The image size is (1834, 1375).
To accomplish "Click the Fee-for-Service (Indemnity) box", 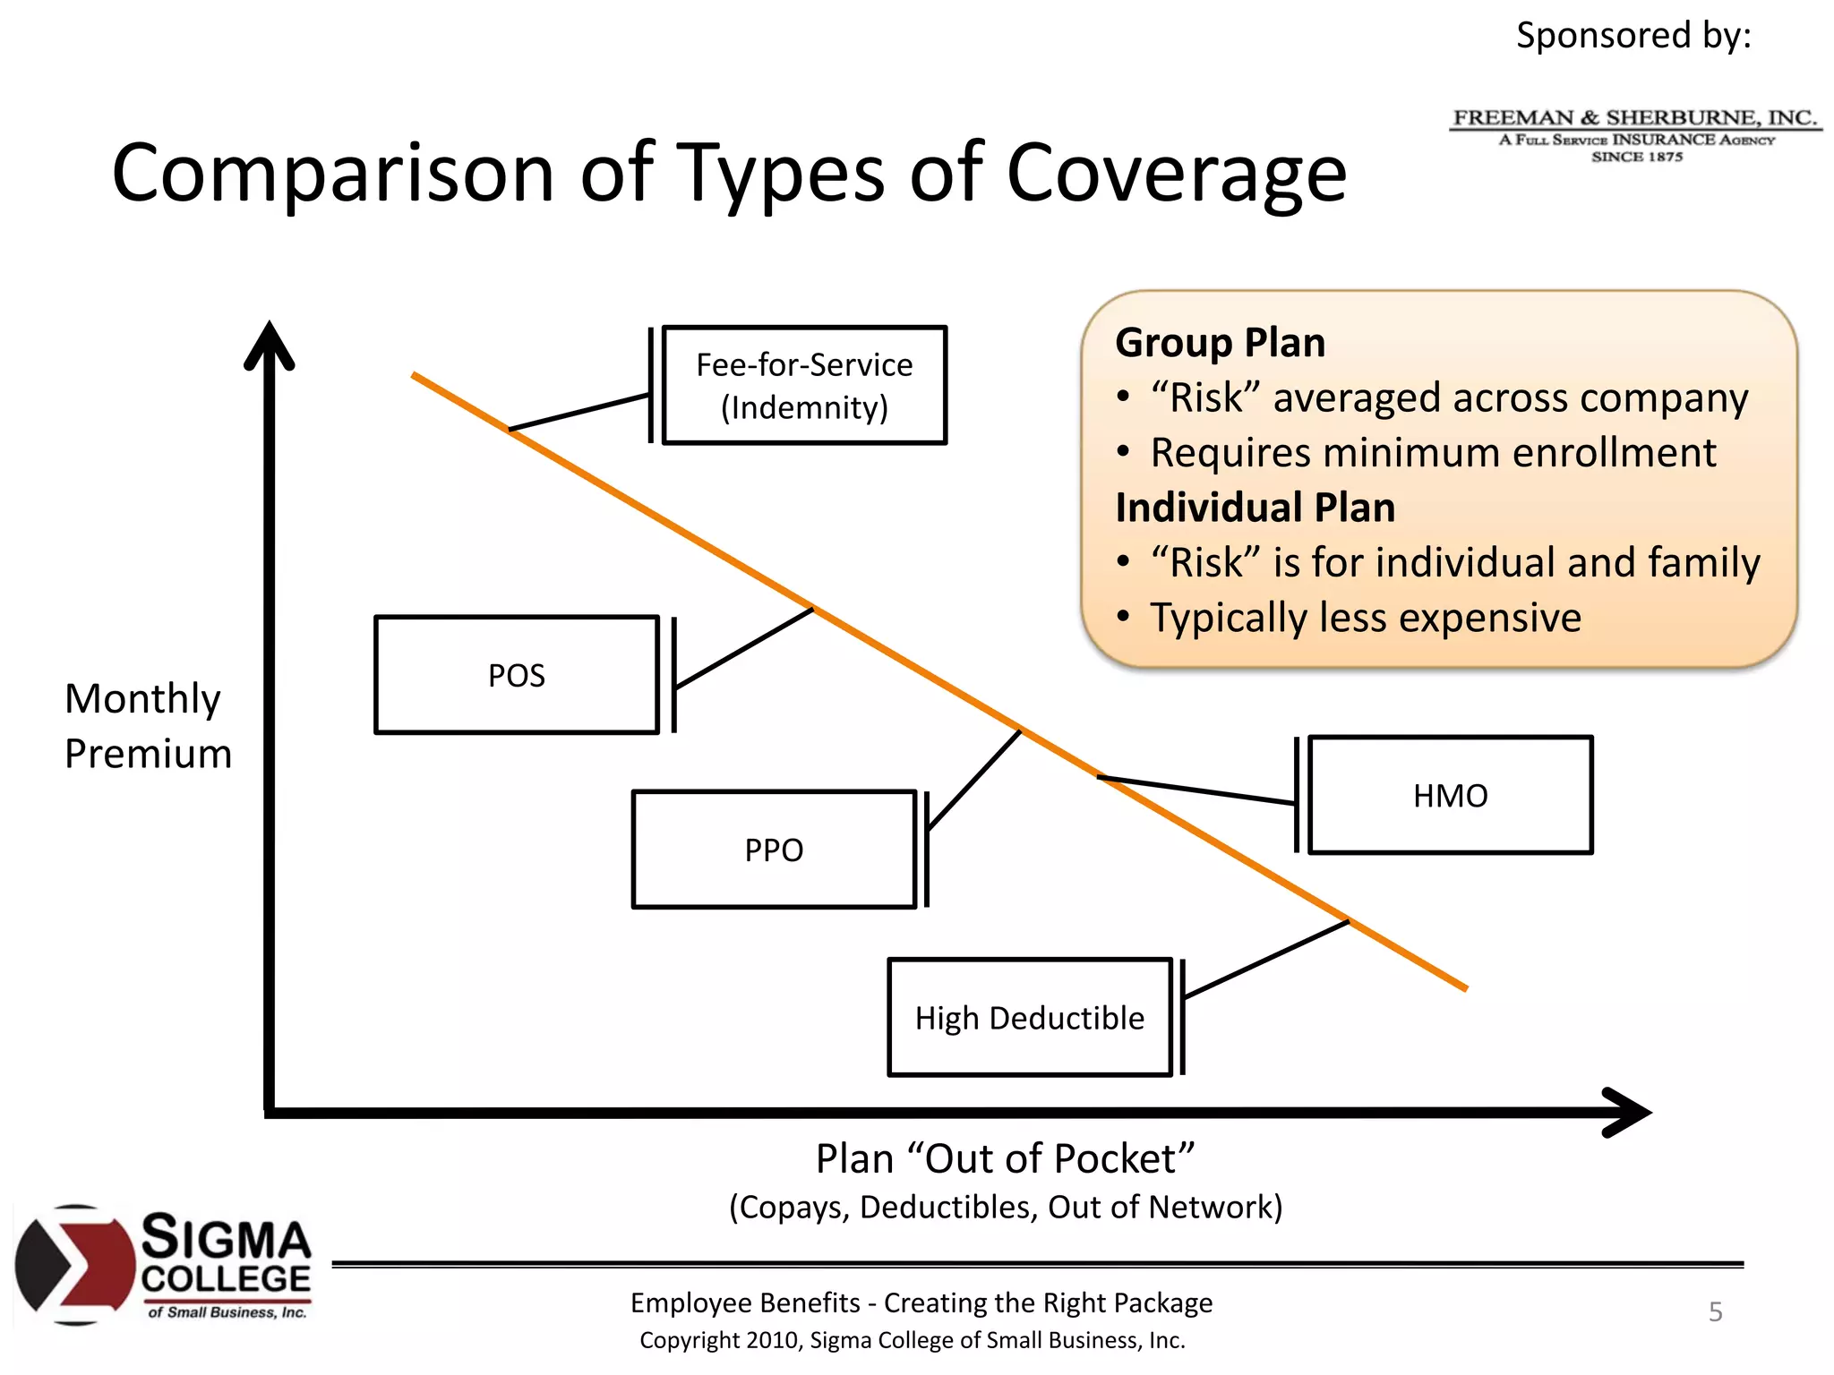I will click(x=803, y=386).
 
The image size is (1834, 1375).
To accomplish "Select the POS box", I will click(x=517, y=675).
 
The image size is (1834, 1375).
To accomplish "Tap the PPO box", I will click(x=774, y=850).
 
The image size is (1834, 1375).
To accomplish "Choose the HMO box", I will click(x=1450, y=795).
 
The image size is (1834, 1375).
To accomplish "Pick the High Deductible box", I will click(x=1030, y=1018).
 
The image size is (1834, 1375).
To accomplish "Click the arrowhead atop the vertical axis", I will click(x=270, y=345).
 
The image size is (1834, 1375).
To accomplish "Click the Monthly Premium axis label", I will click(x=148, y=726).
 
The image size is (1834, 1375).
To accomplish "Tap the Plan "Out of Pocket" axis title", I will click(x=1005, y=1158).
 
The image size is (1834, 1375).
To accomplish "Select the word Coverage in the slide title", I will click(x=1176, y=174).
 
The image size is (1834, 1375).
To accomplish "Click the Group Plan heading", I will click(x=1220, y=343).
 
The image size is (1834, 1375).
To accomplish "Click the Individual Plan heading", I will click(x=1255, y=508).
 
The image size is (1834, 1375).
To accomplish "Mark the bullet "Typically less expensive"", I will click(x=1365, y=618).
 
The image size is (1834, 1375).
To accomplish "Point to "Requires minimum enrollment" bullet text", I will click(x=1433, y=453).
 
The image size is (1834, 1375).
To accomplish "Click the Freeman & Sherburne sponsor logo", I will click(x=1635, y=135).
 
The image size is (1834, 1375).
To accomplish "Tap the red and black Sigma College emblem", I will click(x=73, y=1265).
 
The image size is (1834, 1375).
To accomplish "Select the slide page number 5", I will click(x=1715, y=1311).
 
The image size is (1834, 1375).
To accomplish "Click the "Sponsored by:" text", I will click(x=1633, y=36).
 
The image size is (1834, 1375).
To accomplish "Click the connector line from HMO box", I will click(x=1196, y=790).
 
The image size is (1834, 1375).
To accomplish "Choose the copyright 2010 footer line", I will click(x=912, y=1340).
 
